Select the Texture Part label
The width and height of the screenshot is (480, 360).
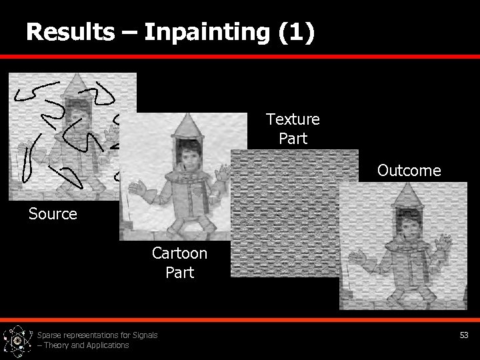pyautogui.click(x=293, y=129)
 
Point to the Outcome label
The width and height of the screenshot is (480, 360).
pyautogui.click(x=409, y=171)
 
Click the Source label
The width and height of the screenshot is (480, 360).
pyautogui.click(x=53, y=214)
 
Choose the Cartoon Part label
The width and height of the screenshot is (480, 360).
pyautogui.click(x=179, y=263)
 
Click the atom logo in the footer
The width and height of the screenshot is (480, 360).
pyautogui.click(x=17, y=341)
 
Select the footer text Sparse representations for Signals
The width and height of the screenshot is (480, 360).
pyautogui.click(x=97, y=335)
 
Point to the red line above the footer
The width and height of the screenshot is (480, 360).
pyautogui.click(x=240, y=320)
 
